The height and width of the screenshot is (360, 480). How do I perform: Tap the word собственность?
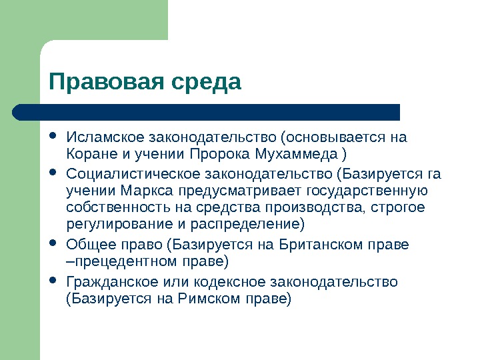click(116, 207)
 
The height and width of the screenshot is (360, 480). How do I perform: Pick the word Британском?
click(323, 244)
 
